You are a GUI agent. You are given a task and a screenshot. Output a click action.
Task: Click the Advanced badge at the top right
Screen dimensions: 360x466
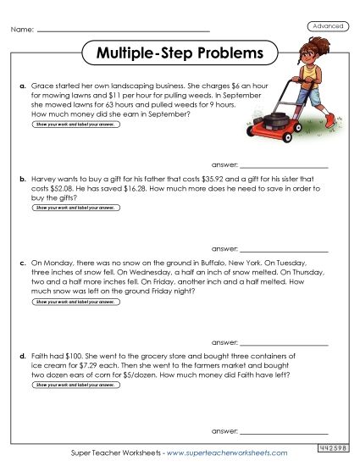click(x=328, y=26)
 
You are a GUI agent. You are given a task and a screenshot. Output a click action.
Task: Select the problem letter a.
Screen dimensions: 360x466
click(x=21, y=86)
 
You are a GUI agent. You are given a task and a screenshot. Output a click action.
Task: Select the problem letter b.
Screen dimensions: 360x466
click(x=21, y=180)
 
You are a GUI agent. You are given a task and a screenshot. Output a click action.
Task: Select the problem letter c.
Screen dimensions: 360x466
click(x=21, y=264)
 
